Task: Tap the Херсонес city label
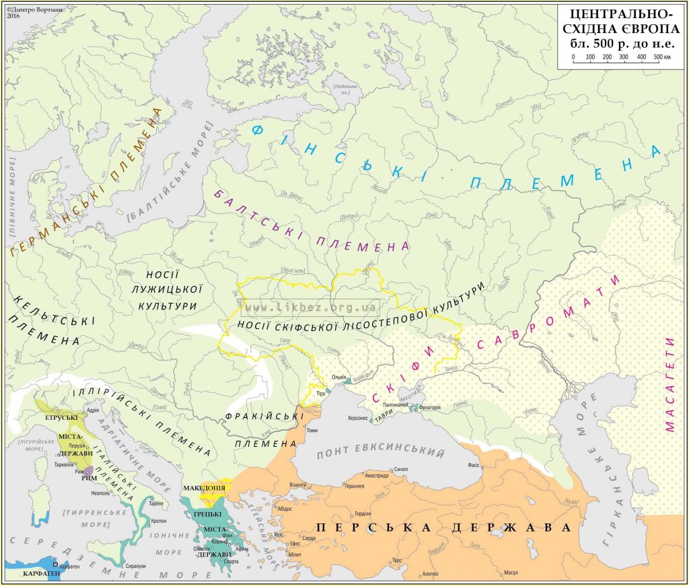356,418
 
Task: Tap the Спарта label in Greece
231,560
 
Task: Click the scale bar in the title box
616,57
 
